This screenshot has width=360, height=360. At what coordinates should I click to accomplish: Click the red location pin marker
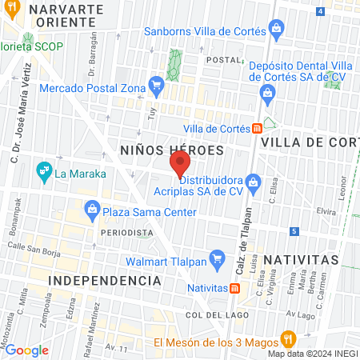click(180, 165)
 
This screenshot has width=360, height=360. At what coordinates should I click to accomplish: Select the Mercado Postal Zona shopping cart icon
click(157, 85)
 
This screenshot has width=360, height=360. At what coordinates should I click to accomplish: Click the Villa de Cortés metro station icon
click(257, 128)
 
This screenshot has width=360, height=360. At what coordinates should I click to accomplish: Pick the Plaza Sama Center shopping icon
click(93, 212)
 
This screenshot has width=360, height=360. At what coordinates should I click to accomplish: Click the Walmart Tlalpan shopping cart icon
click(215, 258)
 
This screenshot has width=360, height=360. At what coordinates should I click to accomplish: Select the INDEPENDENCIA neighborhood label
click(104, 281)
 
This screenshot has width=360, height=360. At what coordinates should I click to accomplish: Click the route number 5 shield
click(294, 232)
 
